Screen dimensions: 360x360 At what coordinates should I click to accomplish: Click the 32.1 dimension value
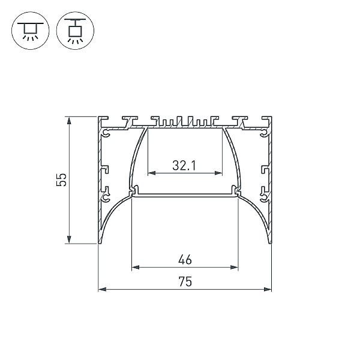pos(184,166)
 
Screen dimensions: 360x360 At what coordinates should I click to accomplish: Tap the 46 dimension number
pos(185,259)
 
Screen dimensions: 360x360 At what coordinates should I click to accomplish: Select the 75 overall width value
pos(185,281)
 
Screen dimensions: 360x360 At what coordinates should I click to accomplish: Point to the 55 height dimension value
pos(61,180)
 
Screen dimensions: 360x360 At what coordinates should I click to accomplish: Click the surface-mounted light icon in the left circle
pos(31,31)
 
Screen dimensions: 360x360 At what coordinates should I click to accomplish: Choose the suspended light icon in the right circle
pos(75,31)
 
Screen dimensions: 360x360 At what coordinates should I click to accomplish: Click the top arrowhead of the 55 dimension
pos(69,121)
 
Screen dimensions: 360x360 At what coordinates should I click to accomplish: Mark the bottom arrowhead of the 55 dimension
pos(69,239)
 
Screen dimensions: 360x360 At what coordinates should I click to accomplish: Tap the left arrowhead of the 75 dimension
pos(102,289)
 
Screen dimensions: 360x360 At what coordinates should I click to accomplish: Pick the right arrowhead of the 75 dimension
pos(268,289)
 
